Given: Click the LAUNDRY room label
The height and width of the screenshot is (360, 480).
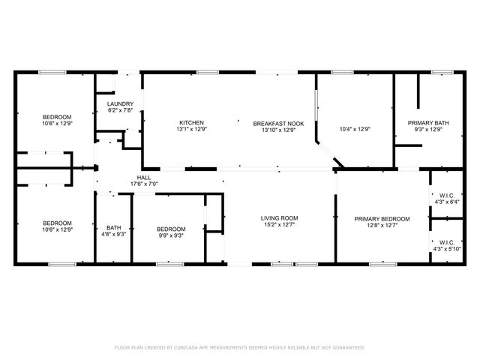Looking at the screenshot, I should pyautogui.click(x=120, y=103).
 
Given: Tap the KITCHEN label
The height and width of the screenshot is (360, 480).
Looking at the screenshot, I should pyautogui.click(x=191, y=122).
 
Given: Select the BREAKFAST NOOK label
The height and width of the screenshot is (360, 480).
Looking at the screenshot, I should pyautogui.click(x=278, y=122).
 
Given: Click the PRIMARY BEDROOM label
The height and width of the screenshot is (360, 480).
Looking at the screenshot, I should pyautogui.click(x=382, y=218).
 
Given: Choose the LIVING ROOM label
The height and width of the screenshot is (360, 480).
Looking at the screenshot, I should pyautogui.click(x=279, y=218).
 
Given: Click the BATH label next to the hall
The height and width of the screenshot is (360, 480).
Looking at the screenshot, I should pyautogui.click(x=113, y=228).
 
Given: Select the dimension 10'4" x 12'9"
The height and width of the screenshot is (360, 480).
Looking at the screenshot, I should pyautogui.click(x=355, y=129).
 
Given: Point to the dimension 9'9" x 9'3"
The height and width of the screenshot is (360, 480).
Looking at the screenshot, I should pyautogui.click(x=170, y=235).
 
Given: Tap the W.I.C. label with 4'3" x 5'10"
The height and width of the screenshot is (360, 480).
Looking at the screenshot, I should pyautogui.click(x=445, y=242).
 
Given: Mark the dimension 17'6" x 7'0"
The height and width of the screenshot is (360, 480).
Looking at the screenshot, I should pyautogui.click(x=144, y=184).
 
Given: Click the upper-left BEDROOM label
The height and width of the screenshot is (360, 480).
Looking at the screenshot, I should pyautogui.click(x=57, y=117).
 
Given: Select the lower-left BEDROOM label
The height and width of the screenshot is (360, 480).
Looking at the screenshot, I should pyautogui.click(x=57, y=223).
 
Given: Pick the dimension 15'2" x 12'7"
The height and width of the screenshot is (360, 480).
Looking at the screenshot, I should pyautogui.click(x=279, y=225).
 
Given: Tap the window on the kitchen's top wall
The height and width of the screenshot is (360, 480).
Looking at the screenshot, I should pyautogui.click(x=207, y=72).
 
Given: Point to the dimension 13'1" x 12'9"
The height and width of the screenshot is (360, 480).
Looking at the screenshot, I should pyautogui.click(x=191, y=129).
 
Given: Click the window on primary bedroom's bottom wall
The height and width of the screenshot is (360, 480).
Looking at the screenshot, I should pyautogui.click(x=382, y=263).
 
